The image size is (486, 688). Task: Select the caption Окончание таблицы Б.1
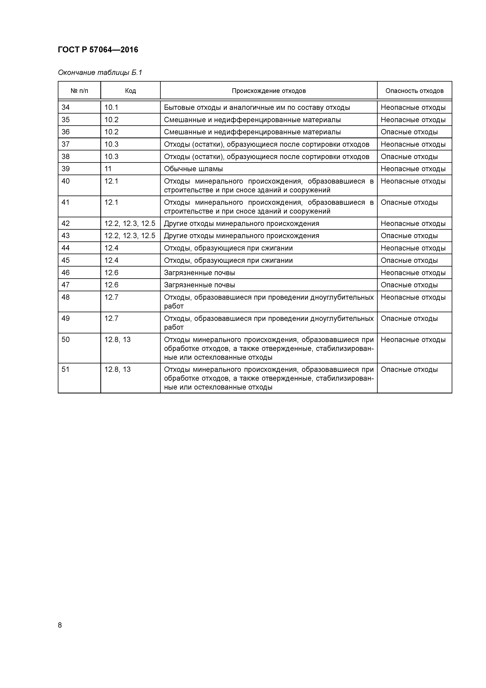pyautogui.click(x=100, y=73)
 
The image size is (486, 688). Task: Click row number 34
pyautogui.click(x=66, y=107)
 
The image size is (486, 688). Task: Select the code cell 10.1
pyautogui.click(x=111, y=107)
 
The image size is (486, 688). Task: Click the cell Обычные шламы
pyautogui.click(x=193, y=169)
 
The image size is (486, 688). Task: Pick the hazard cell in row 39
pyautogui.click(x=413, y=169)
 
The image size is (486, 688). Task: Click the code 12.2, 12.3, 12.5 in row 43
pyautogui.click(x=130, y=236)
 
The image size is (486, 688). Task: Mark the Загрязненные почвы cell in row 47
pyautogui.click(x=199, y=285)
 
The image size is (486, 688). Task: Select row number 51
pyautogui.click(x=66, y=369)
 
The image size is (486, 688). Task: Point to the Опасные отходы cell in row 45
pyautogui.click(x=409, y=260)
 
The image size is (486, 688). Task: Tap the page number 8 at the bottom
pyautogui.click(x=60, y=625)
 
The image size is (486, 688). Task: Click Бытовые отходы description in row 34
pyautogui.click(x=257, y=107)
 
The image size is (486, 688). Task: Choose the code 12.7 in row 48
pyautogui.click(x=111, y=297)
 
